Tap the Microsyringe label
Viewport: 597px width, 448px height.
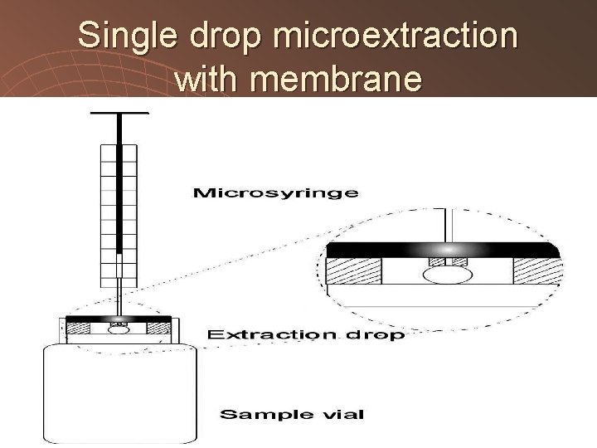pyautogui.click(x=275, y=193)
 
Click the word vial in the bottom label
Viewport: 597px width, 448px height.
pyautogui.click(x=335, y=413)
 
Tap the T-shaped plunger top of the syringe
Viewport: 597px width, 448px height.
pyautogui.click(x=119, y=114)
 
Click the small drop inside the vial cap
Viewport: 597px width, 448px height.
pyautogui.click(x=119, y=329)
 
